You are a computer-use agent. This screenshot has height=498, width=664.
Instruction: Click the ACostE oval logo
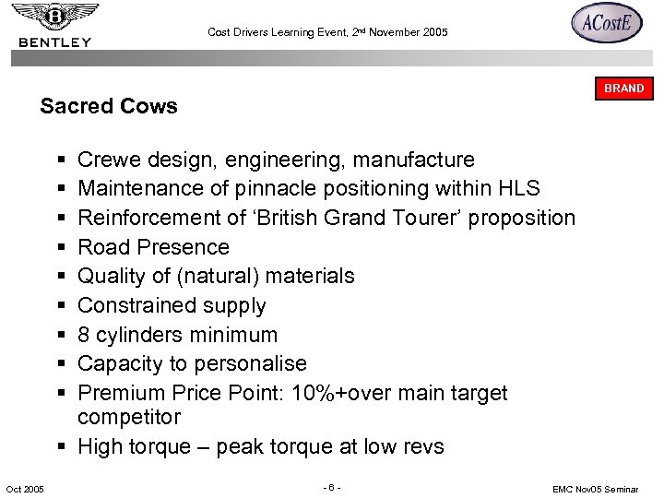(x=606, y=24)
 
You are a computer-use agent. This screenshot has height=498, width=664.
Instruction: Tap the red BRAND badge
(x=623, y=89)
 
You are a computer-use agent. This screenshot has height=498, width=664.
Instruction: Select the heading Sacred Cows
(x=109, y=106)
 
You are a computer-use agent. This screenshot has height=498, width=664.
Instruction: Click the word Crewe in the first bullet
(x=108, y=160)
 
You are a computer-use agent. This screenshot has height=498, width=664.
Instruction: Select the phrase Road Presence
(x=153, y=247)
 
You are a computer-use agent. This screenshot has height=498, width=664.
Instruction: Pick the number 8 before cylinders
(x=84, y=334)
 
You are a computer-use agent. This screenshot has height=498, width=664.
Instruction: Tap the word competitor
(x=129, y=417)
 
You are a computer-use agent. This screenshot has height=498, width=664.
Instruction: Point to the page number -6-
(x=332, y=486)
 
